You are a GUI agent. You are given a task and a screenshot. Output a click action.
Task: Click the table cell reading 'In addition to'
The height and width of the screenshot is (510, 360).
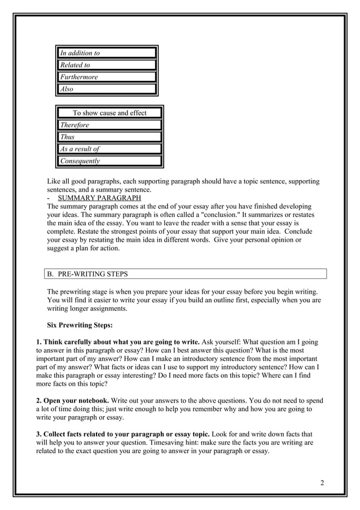click(x=107, y=53)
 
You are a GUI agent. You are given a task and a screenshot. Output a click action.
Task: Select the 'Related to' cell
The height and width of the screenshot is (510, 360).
click(x=107, y=65)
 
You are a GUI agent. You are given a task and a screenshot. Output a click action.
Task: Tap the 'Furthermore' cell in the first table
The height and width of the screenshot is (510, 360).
click(x=107, y=77)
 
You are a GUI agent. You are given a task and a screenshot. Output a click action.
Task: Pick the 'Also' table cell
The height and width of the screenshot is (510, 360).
click(x=107, y=89)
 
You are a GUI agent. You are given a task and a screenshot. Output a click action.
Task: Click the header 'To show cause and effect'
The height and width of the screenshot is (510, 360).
click(x=109, y=113)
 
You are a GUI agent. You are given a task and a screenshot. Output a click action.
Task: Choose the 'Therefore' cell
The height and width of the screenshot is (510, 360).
click(x=109, y=125)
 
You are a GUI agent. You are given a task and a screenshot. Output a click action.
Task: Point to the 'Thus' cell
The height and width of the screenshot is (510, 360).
click(x=109, y=137)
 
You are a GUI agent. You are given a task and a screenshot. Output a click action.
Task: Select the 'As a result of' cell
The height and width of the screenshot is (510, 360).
click(x=109, y=149)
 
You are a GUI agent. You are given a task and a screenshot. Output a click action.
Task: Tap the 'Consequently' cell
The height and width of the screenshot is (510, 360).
click(x=109, y=161)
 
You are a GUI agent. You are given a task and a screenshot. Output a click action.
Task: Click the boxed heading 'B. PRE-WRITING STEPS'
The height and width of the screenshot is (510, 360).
click(x=87, y=274)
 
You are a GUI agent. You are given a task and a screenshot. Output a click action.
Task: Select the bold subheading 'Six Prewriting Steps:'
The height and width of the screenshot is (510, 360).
click(x=80, y=325)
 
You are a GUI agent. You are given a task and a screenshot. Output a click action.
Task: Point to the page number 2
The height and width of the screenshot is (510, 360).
click(x=322, y=482)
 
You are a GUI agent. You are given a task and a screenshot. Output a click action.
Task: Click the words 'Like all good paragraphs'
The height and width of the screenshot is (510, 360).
click(x=82, y=181)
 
